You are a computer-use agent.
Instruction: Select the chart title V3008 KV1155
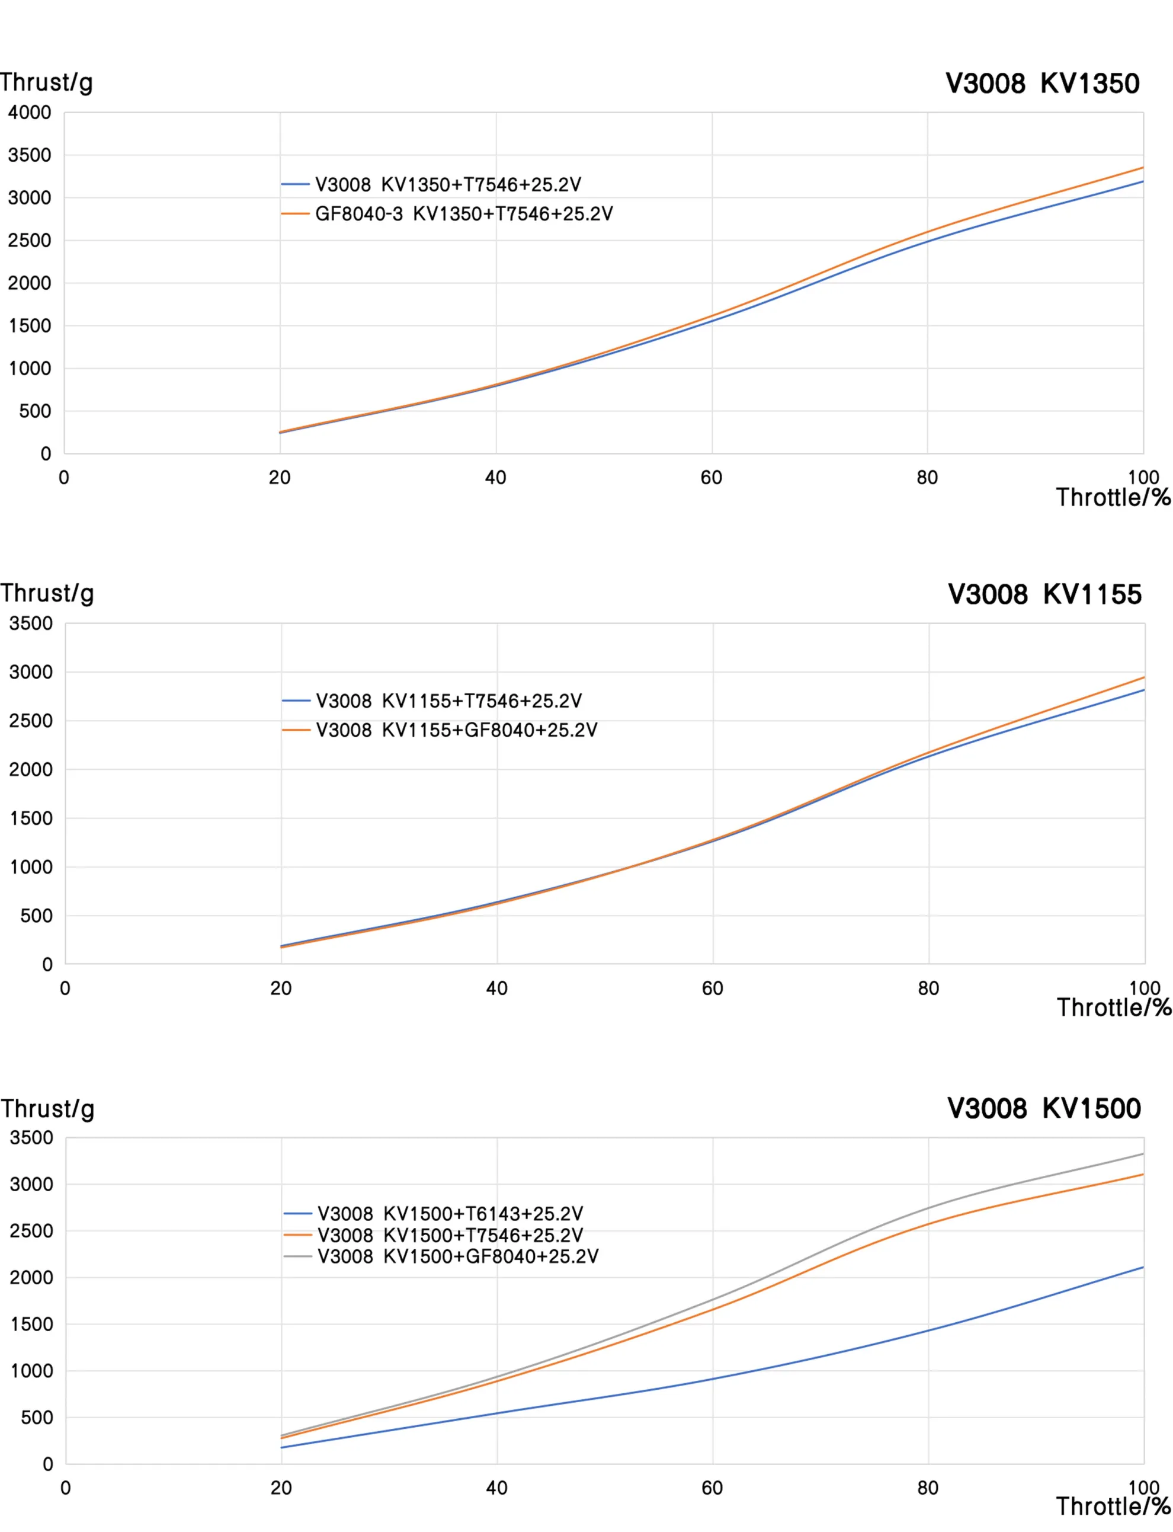(1044, 594)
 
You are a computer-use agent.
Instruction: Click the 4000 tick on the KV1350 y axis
(30, 113)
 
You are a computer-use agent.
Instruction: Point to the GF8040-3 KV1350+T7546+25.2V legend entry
(464, 214)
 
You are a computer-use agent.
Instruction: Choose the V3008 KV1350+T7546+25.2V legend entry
(447, 184)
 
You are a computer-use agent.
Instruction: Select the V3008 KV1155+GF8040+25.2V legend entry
(457, 730)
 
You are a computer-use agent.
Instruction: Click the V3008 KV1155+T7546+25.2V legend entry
(449, 701)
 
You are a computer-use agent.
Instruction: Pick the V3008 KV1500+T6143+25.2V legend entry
(450, 1213)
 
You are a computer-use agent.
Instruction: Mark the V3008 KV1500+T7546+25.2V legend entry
(450, 1235)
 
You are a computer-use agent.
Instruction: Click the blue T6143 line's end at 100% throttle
(1143, 1267)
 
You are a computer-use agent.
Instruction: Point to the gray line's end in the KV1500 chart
(1143, 1154)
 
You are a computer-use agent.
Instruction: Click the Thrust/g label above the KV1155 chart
(47, 593)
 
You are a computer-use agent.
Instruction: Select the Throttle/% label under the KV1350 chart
(1113, 497)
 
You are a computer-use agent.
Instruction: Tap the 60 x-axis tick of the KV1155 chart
(712, 989)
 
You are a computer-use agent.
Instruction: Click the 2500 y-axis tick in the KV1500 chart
(31, 1231)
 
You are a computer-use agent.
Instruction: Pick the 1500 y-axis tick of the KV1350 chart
(30, 326)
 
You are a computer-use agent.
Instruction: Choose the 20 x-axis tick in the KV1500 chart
(281, 1488)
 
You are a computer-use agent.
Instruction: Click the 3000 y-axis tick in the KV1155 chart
(31, 672)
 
